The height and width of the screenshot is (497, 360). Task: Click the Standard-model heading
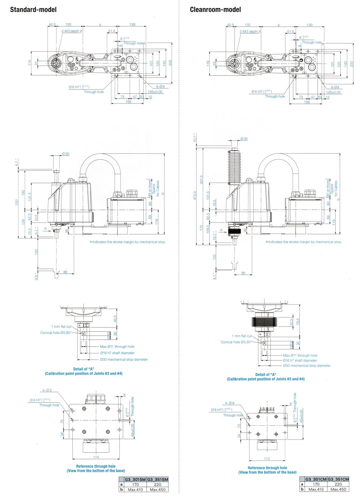point(33,10)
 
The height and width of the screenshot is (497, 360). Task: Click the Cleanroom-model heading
point(215,10)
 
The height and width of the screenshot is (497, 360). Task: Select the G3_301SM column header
point(135,479)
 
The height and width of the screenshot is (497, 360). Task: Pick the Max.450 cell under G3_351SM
point(158,490)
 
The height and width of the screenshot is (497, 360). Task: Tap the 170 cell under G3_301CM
point(316,484)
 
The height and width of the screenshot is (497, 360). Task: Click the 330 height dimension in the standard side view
point(17,202)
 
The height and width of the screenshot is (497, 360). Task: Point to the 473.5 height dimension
point(195,195)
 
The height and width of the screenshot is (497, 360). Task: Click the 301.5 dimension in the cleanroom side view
point(201,180)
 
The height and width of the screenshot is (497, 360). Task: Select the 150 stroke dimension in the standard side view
point(36,252)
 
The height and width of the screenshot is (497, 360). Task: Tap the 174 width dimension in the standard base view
point(96,457)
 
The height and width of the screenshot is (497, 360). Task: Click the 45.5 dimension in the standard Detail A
point(115,319)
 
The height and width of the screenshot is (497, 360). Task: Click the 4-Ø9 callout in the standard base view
point(47,390)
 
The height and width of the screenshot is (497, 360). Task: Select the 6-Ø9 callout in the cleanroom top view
point(335,87)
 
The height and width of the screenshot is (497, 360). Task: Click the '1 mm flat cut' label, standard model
point(61,326)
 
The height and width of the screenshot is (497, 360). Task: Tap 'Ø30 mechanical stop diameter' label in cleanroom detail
point(307,366)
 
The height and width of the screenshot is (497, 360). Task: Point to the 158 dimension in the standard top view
point(128,102)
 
